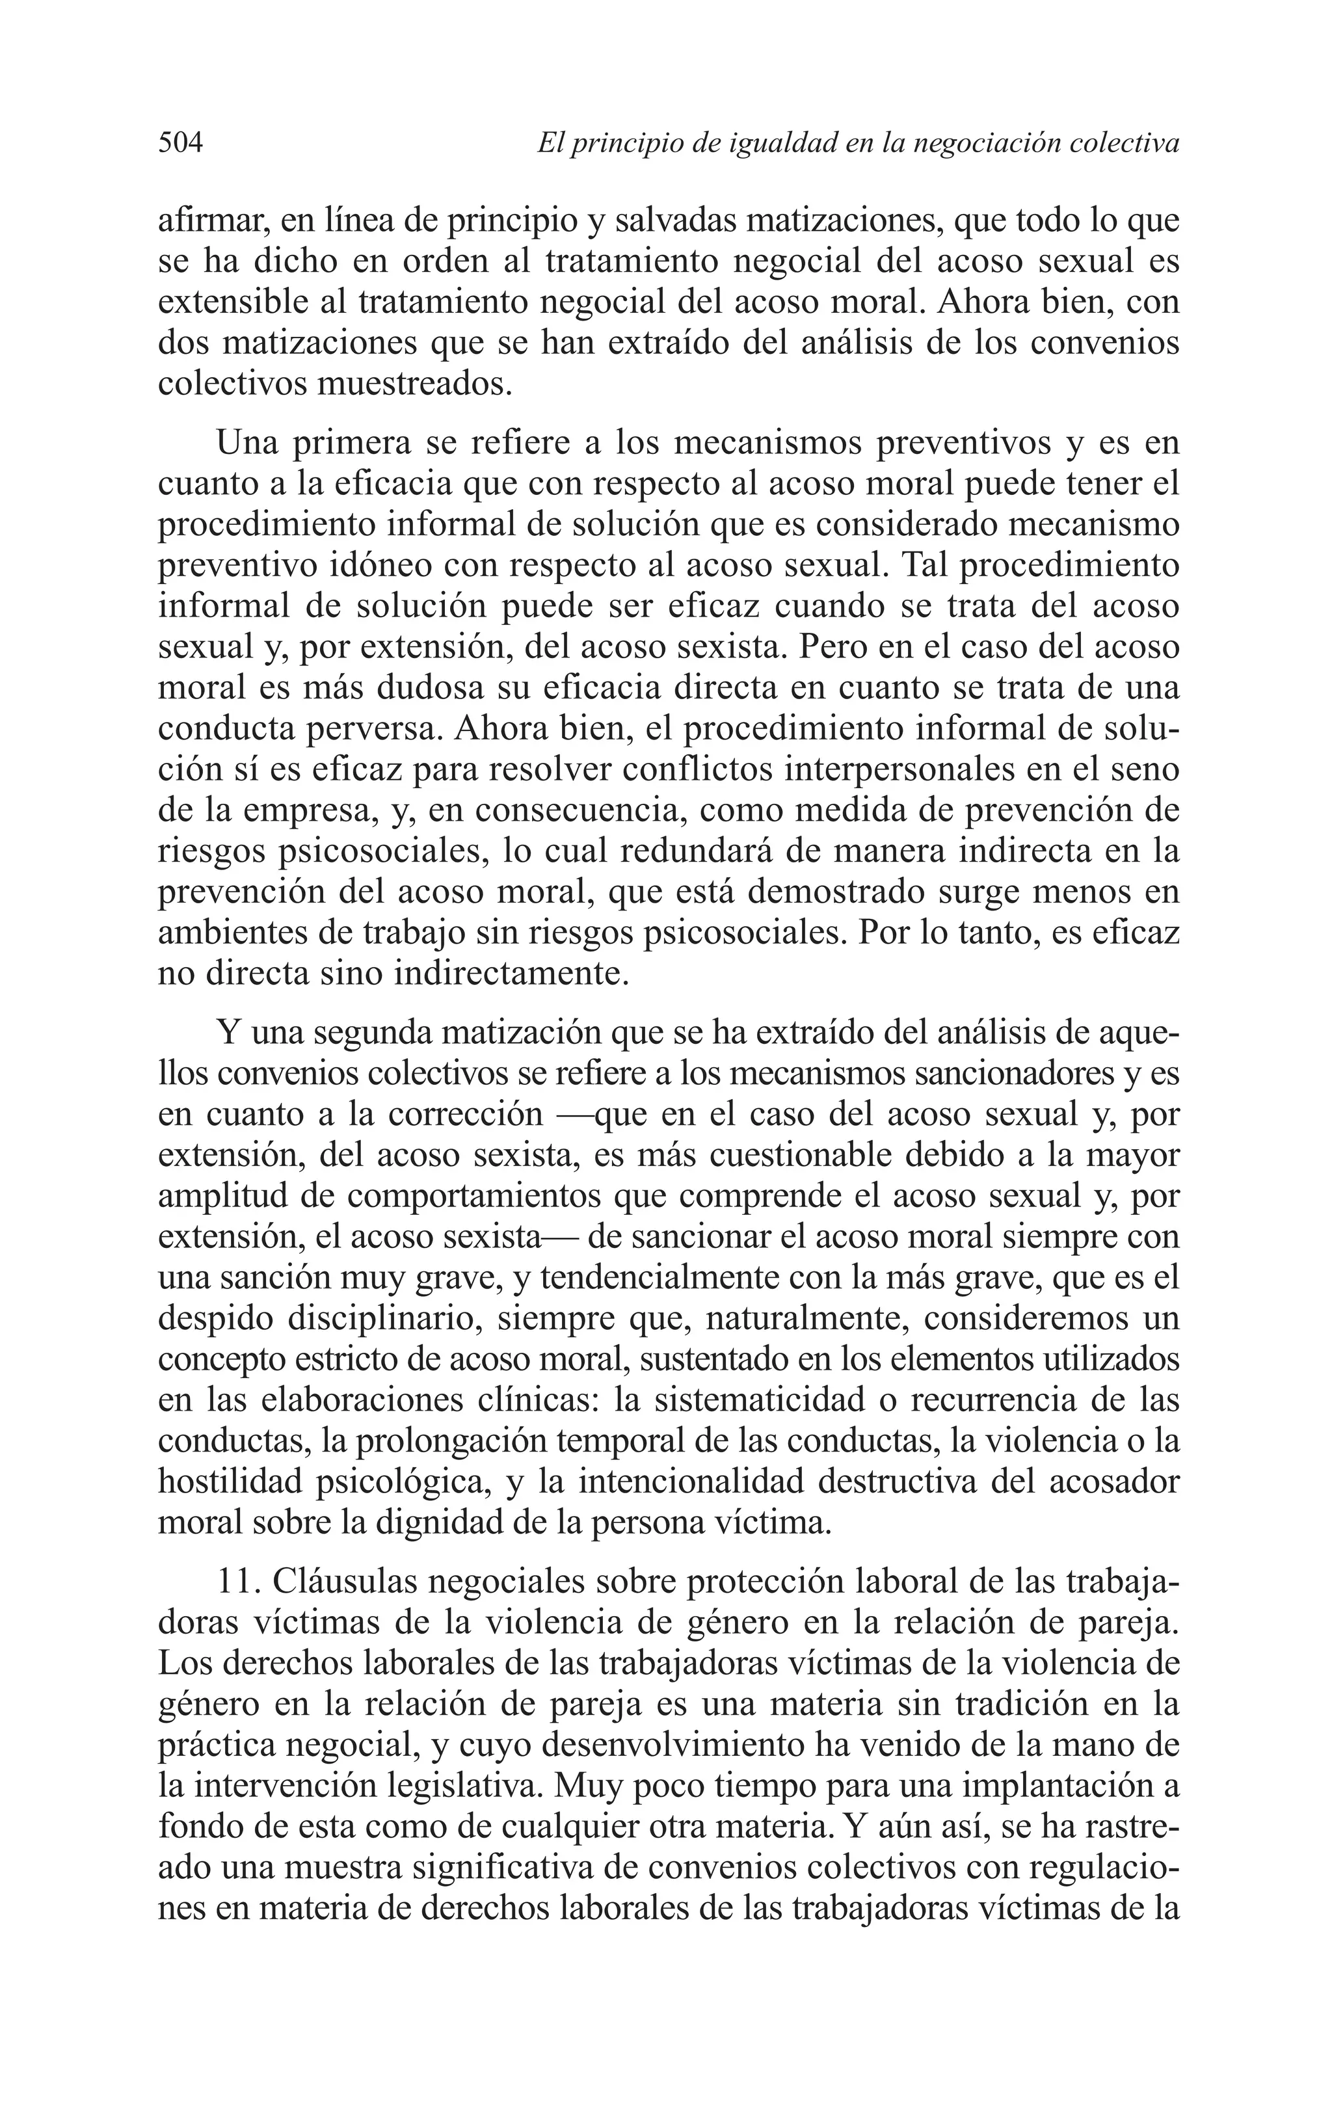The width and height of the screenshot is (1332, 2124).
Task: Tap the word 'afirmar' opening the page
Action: pos(212,220)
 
